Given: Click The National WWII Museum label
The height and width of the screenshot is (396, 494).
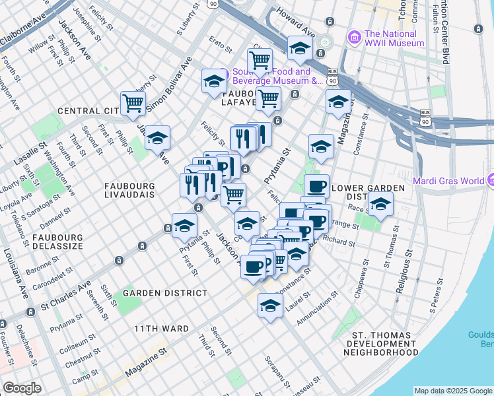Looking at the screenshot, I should pos(394,38).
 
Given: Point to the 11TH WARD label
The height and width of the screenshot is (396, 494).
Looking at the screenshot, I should pos(161,328).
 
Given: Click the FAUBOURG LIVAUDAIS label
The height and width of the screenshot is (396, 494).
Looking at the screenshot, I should pos(129,191).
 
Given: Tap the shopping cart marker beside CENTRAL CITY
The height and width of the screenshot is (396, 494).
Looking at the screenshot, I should pos(133,104).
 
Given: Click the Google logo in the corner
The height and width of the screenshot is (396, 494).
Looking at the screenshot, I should pos(22,388).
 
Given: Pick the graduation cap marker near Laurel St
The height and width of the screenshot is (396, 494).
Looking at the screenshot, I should pos(270,306).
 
